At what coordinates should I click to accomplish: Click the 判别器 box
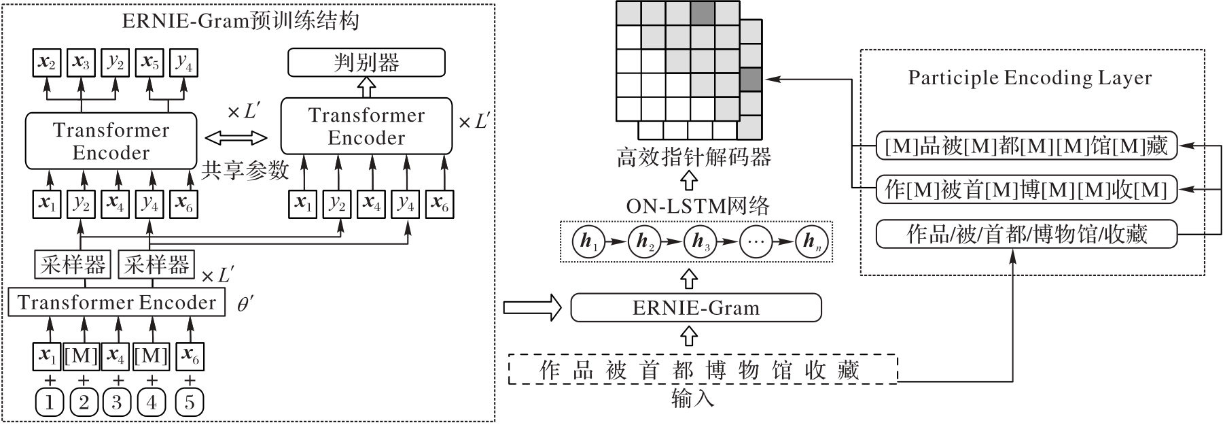point(366,63)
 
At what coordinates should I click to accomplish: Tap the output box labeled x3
point(82,63)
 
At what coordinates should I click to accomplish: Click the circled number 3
point(117,403)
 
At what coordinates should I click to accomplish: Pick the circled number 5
point(190,403)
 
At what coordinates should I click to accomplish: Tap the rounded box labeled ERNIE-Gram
point(696,307)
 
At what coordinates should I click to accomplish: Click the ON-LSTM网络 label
point(698,206)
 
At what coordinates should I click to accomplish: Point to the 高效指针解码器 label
point(694,158)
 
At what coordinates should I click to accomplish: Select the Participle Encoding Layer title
point(1030,78)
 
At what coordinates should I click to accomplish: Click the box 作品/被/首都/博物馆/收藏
point(1027,235)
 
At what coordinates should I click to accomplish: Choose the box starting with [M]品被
point(1026,146)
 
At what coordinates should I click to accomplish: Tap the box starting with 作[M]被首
point(1026,190)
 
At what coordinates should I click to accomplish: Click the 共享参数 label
point(245,171)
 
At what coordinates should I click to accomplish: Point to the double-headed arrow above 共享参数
point(236,139)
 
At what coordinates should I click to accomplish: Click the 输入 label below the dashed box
point(692,398)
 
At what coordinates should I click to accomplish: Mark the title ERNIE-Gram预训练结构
point(241,21)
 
